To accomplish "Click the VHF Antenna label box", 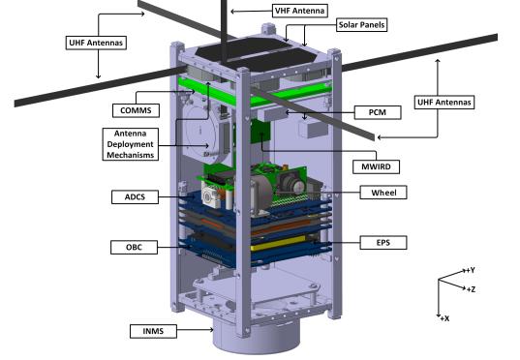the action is tap(300, 11).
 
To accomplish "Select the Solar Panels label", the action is tap(361, 25).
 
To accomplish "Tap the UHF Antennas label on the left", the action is tap(96, 43).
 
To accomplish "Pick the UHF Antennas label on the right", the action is tap(444, 103).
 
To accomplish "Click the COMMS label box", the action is tap(136, 110).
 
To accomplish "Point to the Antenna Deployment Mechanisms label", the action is tap(131, 144).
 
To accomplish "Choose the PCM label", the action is tap(378, 112).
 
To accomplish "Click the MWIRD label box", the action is tap(376, 166).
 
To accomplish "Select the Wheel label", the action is tap(383, 193).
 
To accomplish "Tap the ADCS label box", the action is tap(135, 196).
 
